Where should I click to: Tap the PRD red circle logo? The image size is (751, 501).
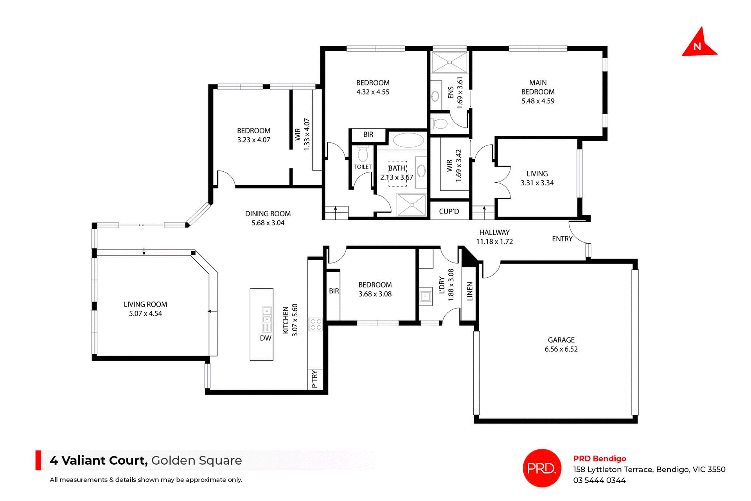[x=542, y=468]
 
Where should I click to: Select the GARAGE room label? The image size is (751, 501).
[x=561, y=340]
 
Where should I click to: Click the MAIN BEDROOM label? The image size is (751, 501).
[x=538, y=87]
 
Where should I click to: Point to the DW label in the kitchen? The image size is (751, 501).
[x=265, y=338]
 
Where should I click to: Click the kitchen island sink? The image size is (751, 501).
[x=266, y=315]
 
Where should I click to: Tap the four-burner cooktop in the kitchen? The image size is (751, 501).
[x=315, y=324]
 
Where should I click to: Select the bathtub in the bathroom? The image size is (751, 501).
[x=408, y=140]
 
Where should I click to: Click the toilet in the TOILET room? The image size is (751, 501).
[x=363, y=154]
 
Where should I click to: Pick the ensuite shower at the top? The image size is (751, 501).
[x=449, y=62]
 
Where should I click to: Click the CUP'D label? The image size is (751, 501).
[x=449, y=212]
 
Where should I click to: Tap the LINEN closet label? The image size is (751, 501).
[x=470, y=291]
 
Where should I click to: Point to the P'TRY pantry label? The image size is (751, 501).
[x=315, y=379]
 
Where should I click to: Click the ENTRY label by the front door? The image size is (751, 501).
[x=562, y=239]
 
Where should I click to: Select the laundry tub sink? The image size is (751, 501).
[x=426, y=297]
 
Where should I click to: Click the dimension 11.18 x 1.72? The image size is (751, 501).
[x=494, y=242]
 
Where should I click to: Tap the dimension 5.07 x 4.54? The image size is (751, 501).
[x=145, y=313]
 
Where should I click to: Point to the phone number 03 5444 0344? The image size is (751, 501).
[x=599, y=480]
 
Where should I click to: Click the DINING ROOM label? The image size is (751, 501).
[x=268, y=214]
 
